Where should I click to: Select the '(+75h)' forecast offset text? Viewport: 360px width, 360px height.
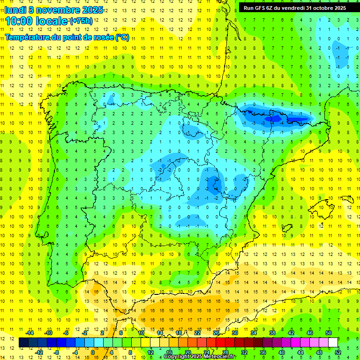81,21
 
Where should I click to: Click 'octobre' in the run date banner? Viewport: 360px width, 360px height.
319,7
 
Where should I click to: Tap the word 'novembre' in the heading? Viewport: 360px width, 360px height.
55,9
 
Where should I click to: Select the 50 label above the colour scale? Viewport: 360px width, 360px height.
329,333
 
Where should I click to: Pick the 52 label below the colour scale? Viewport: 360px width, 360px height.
338,352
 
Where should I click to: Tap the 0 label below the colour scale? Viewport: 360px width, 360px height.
93,352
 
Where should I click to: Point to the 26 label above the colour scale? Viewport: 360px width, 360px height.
216,333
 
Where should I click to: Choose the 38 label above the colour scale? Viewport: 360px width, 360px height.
272,333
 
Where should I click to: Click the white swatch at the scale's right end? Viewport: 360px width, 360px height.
333,343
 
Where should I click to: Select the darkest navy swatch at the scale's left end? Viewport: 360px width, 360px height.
24,343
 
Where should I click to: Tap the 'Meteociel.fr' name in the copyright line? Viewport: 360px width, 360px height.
219,357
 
